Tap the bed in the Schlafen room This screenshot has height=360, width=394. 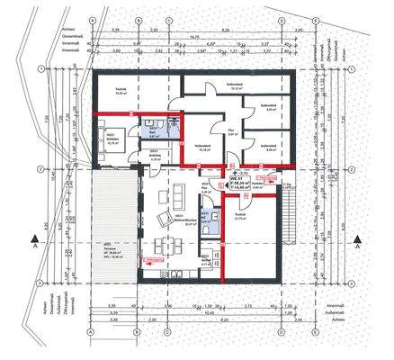[x=114, y=142]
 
